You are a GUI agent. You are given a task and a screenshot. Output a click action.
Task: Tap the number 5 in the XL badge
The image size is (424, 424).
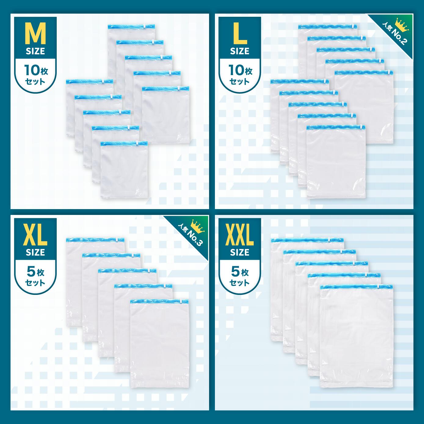(x=31, y=272)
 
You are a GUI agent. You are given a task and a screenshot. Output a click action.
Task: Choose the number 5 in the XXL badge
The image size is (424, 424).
(x=235, y=272)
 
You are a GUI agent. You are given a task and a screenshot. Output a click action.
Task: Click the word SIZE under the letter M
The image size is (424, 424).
(x=35, y=51)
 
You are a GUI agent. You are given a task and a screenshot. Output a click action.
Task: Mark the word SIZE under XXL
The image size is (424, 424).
(x=240, y=252)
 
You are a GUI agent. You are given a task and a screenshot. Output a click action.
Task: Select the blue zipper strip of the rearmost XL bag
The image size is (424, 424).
(x=95, y=240)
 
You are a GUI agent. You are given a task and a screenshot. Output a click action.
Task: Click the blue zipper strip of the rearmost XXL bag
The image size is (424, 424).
(x=307, y=240)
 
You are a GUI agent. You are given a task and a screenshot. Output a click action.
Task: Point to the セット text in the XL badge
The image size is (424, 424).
(x=35, y=283)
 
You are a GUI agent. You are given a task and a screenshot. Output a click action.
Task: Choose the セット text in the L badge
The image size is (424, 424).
(x=239, y=82)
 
